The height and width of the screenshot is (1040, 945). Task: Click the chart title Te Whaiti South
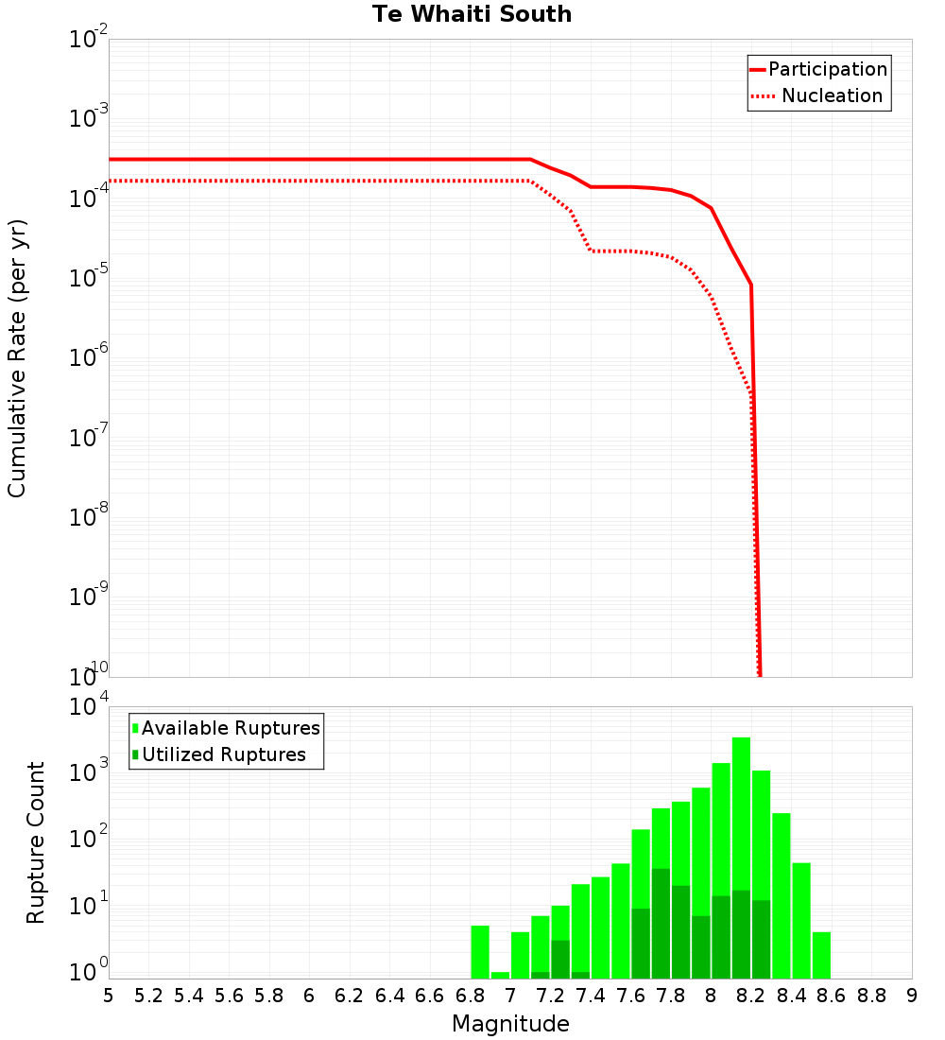(472, 14)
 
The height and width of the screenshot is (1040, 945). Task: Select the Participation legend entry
(827, 70)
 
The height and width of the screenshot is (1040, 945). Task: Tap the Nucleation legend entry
(831, 96)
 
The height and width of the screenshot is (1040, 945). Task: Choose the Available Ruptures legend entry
(230, 729)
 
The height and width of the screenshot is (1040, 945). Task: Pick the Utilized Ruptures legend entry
(223, 755)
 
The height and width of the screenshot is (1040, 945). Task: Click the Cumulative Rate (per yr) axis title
(17, 358)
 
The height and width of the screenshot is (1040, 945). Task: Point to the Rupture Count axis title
(36, 842)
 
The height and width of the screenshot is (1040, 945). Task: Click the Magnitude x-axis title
(510, 1024)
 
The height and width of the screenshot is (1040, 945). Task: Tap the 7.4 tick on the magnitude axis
(591, 996)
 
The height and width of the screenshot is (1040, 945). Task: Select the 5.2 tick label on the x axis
(149, 996)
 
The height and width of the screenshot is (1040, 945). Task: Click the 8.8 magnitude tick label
(871, 996)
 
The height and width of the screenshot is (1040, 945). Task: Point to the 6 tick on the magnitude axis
(309, 996)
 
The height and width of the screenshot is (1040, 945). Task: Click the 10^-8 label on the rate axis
(86, 518)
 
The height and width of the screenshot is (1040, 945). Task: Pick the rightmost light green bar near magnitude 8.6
(821, 955)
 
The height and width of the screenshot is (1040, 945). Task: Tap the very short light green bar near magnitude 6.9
(500, 975)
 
